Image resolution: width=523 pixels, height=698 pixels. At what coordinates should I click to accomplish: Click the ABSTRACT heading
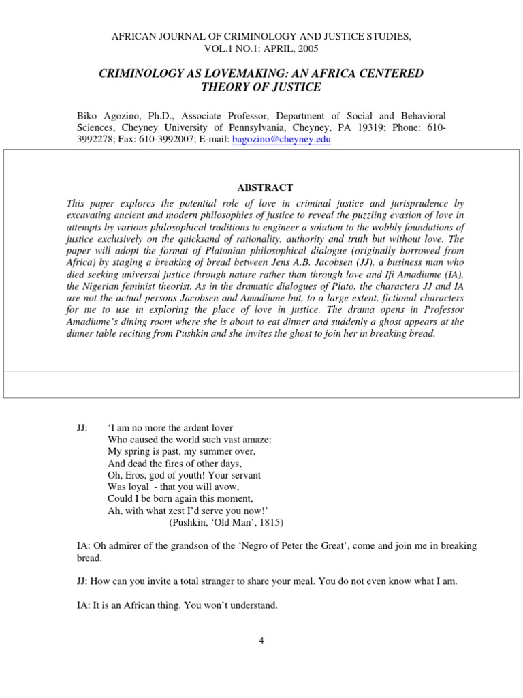[261, 187]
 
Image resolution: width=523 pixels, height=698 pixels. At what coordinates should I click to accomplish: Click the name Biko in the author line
[87, 117]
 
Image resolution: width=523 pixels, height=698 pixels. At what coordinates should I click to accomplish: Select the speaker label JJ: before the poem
[82, 428]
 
